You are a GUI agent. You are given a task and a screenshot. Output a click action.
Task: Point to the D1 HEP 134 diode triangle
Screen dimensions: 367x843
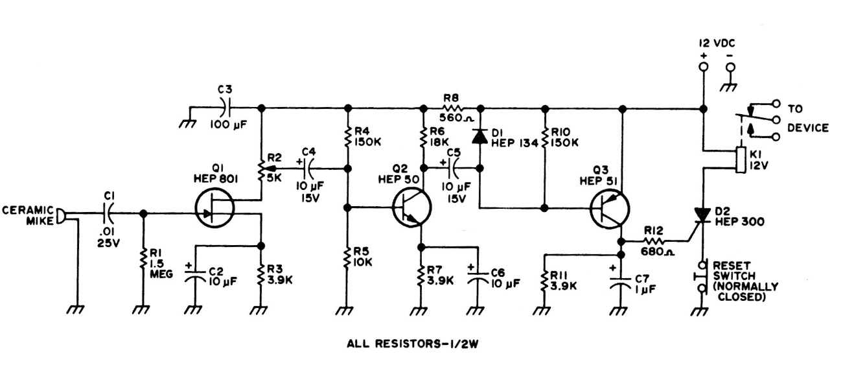point(480,136)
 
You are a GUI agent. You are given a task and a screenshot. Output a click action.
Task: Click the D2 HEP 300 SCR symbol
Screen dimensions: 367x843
point(702,215)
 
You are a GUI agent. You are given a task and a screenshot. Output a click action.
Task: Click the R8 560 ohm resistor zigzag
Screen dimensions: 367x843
point(452,108)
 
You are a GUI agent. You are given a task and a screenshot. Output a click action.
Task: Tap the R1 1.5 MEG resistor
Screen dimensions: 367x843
point(143,262)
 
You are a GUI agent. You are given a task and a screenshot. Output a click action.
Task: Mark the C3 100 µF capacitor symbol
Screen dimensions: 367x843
point(226,108)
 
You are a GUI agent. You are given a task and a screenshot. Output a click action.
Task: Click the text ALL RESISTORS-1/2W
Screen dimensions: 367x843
point(422,343)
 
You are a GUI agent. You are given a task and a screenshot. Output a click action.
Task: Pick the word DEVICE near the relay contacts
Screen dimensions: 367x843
point(807,128)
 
